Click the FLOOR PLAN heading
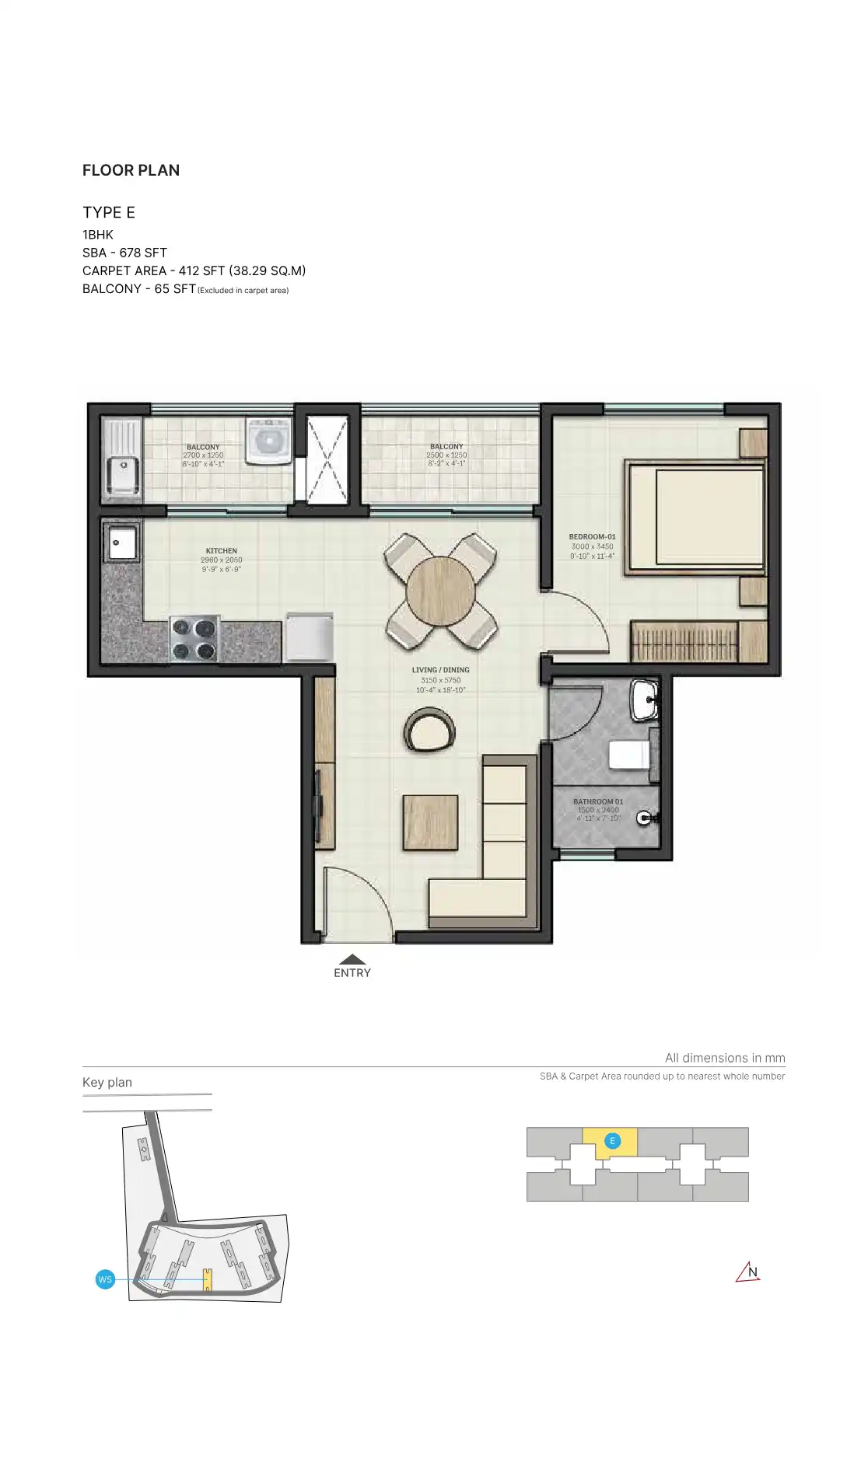point(131,170)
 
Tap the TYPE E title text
point(109,212)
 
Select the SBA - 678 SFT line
point(124,253)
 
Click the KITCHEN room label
point(222,551)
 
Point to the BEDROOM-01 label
point(592,537)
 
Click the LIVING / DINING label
point(440,670)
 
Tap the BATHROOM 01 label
point(598,802)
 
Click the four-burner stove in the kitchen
point(194,639)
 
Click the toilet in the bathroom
point(628,755)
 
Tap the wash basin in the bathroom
point(645,701)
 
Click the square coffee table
point(430,822)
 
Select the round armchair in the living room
point(429,731)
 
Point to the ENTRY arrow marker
point(352,961)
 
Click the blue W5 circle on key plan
point(105,1279)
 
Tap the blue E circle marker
point(612,1141)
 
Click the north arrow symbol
point(748,1272)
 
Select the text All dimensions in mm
point(725,1058)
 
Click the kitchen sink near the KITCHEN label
point(122,542)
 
